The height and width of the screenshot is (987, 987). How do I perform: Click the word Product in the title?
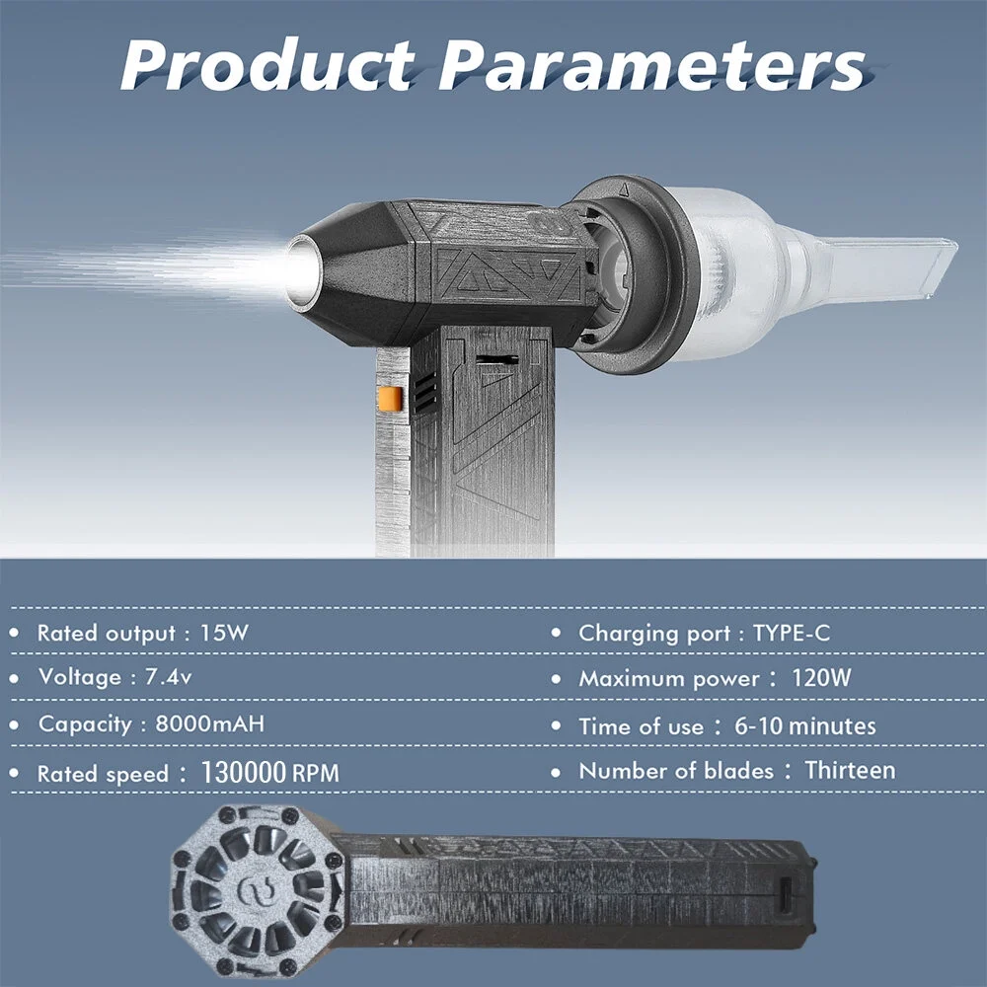[x=267, y=64]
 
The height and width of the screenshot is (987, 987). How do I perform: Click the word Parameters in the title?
[x=652, y=64]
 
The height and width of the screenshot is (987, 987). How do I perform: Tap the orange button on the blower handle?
[x=390, y=399]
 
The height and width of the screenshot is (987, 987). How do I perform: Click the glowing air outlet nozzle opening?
[x=303, y=272]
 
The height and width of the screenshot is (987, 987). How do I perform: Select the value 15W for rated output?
[x=224, y=633]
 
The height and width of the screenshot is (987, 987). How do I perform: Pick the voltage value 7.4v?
[x=168, y=677]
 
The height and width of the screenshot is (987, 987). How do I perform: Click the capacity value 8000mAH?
[x=209, y=723]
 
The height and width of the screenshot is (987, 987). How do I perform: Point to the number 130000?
[x=244, y=773]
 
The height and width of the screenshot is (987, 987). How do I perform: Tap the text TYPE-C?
[x=792, y=633]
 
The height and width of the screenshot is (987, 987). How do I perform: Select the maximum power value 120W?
[x=821, y=678]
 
